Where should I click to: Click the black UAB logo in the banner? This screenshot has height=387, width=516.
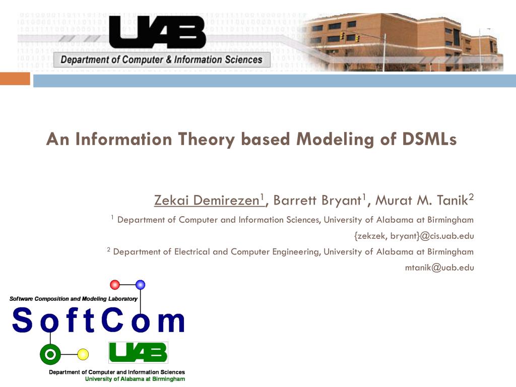coord(157,32)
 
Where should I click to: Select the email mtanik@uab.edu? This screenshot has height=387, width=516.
coord(439,268)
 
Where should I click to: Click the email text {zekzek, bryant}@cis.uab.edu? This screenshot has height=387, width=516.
coord(414,236)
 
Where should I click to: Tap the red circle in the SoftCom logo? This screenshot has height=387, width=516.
coord(115,285)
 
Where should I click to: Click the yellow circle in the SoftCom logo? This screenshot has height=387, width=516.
coord(83,354)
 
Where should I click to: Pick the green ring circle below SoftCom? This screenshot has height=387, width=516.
coord(50,354)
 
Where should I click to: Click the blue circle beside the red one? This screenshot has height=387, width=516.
coord(141,285)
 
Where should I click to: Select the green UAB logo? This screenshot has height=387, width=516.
coord(138,352)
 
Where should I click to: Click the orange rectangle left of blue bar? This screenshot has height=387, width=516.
coord(15,79)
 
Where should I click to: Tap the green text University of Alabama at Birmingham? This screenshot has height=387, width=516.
coord(135,379)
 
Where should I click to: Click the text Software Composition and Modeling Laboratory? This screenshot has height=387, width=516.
coord(74,299)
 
